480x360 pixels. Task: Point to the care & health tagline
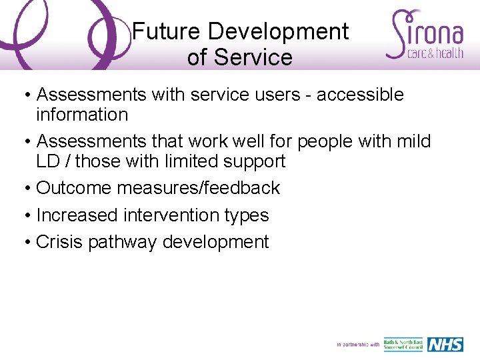435,53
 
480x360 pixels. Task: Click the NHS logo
445,345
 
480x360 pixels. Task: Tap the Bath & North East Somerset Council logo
403,345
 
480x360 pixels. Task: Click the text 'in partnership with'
358,345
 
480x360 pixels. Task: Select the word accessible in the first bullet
360,95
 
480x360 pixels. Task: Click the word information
82,115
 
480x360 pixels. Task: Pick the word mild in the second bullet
413,141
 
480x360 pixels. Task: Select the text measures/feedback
199,188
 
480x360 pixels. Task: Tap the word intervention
171,215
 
